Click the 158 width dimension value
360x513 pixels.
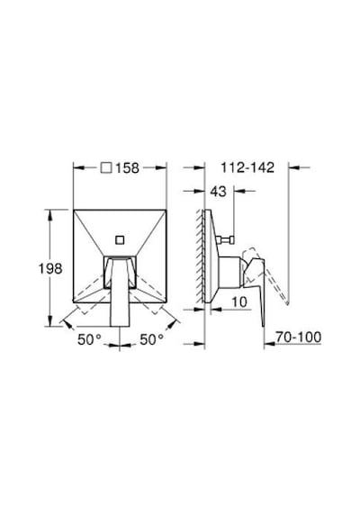pos(127,167)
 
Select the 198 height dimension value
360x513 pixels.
pos(50,268)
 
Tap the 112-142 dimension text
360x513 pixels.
pos(247,167)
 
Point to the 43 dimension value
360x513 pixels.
pos(219,192)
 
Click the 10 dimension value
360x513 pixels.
pos(239,301)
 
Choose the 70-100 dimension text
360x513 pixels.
pos(299,337)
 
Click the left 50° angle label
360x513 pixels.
pos(90,339)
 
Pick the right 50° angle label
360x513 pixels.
pos(152,339)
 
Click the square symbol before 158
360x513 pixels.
pos(106,167)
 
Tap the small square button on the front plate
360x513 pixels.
pos(120,239)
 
